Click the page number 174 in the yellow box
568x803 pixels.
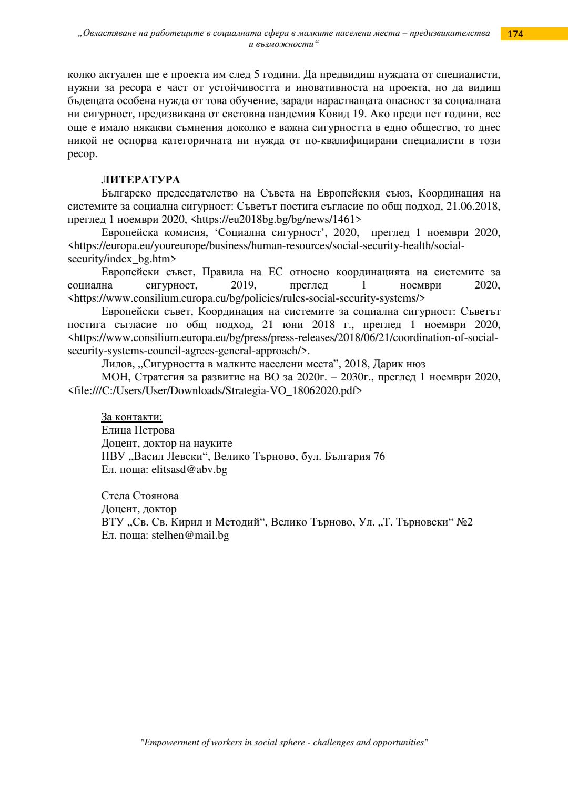515,34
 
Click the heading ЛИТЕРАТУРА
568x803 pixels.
140,180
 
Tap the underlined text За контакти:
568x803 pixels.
131,417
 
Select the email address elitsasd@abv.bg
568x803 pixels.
189,469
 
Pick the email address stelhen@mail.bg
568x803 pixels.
190,535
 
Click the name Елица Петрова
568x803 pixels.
138,430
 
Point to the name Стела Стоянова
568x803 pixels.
140,496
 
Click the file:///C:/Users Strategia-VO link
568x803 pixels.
215,390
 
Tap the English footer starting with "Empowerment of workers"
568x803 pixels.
284,742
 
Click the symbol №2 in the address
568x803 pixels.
465,522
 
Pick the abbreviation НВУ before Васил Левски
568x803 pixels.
113,456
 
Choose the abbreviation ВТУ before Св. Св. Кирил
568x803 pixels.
113,522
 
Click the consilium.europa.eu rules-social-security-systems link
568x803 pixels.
247,298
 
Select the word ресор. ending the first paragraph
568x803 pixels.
82,154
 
